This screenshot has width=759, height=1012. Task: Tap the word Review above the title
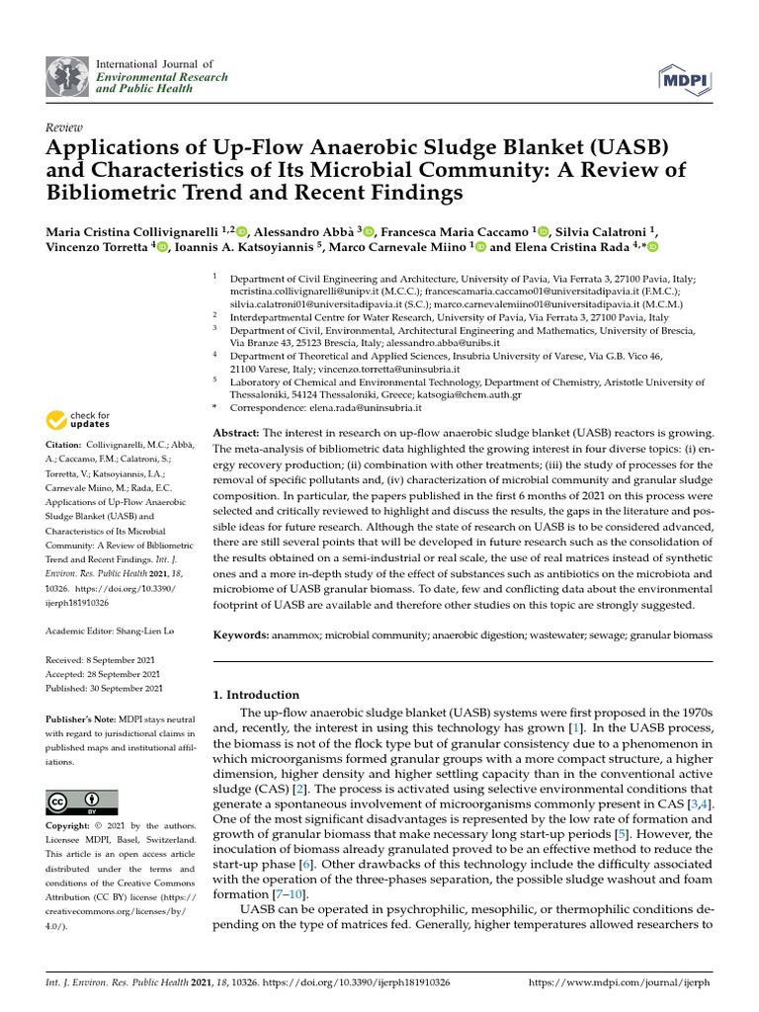[64, 128]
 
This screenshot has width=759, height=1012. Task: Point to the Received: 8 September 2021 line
[103, 658]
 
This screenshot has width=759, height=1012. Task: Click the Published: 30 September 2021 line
[105, 688]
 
